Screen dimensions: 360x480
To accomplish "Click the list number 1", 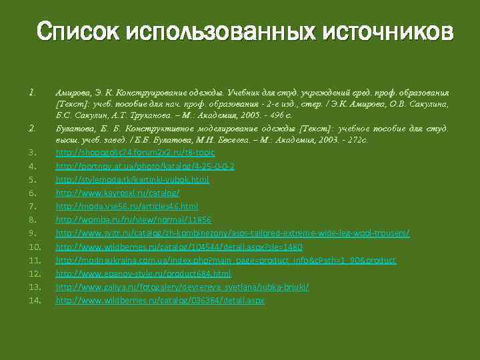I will pos(31,91).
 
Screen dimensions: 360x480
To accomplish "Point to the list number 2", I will pos(31,127).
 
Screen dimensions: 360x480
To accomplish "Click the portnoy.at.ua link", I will pos(145,166).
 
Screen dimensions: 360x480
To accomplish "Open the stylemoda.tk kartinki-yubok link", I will pos(132,180).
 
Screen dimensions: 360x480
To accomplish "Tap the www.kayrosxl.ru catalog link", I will pos(117,193).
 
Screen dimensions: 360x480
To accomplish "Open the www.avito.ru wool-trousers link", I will pos(232,233).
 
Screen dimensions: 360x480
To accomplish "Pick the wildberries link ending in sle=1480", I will pos(179,247).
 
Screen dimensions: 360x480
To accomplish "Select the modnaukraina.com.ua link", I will pos(225,260).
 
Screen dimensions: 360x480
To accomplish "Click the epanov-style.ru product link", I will pos(143,273).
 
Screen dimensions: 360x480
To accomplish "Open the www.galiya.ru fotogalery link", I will pos(182,287).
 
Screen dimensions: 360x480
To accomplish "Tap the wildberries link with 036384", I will pos(159,301).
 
